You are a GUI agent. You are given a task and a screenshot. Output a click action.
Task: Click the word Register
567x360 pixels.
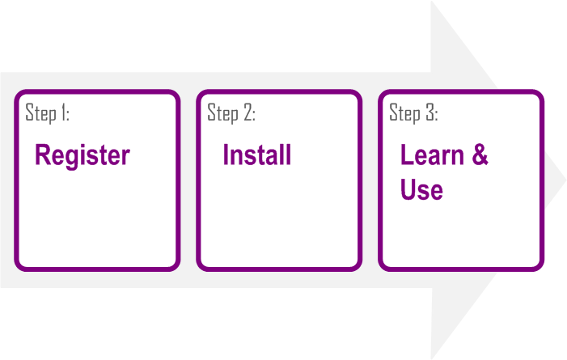click(83, 156)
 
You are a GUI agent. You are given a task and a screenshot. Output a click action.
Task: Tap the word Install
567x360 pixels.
click(257, 155)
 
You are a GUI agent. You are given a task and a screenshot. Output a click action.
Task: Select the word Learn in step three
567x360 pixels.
click(432, 155)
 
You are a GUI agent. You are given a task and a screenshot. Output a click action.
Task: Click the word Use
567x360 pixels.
click(421, 189)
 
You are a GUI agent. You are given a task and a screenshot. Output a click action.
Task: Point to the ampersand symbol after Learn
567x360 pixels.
click(480, 155)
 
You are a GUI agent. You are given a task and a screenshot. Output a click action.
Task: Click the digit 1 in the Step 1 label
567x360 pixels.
click(63, 112)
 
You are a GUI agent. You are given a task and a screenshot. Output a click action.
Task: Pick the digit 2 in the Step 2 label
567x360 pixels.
click(248, 112)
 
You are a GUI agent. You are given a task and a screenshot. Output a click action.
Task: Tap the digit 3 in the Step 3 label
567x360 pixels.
click(430, 112)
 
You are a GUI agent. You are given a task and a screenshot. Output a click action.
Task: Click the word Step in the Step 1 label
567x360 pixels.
click(41, 113)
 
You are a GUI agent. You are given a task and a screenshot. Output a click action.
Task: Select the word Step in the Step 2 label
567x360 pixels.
click(222, 113)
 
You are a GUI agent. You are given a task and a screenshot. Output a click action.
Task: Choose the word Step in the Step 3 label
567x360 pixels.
click(404, 113)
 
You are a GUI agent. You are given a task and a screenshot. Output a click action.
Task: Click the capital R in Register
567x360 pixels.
click(42, 155)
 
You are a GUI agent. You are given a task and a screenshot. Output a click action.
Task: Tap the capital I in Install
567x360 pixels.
click(226, 155)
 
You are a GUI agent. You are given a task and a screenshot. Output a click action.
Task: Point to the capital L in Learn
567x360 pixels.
click(407, 155)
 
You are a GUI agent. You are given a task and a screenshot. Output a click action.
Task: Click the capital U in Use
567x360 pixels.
click(408, 188)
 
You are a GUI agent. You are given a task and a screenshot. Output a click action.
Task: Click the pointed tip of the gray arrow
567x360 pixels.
click(565, 179)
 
